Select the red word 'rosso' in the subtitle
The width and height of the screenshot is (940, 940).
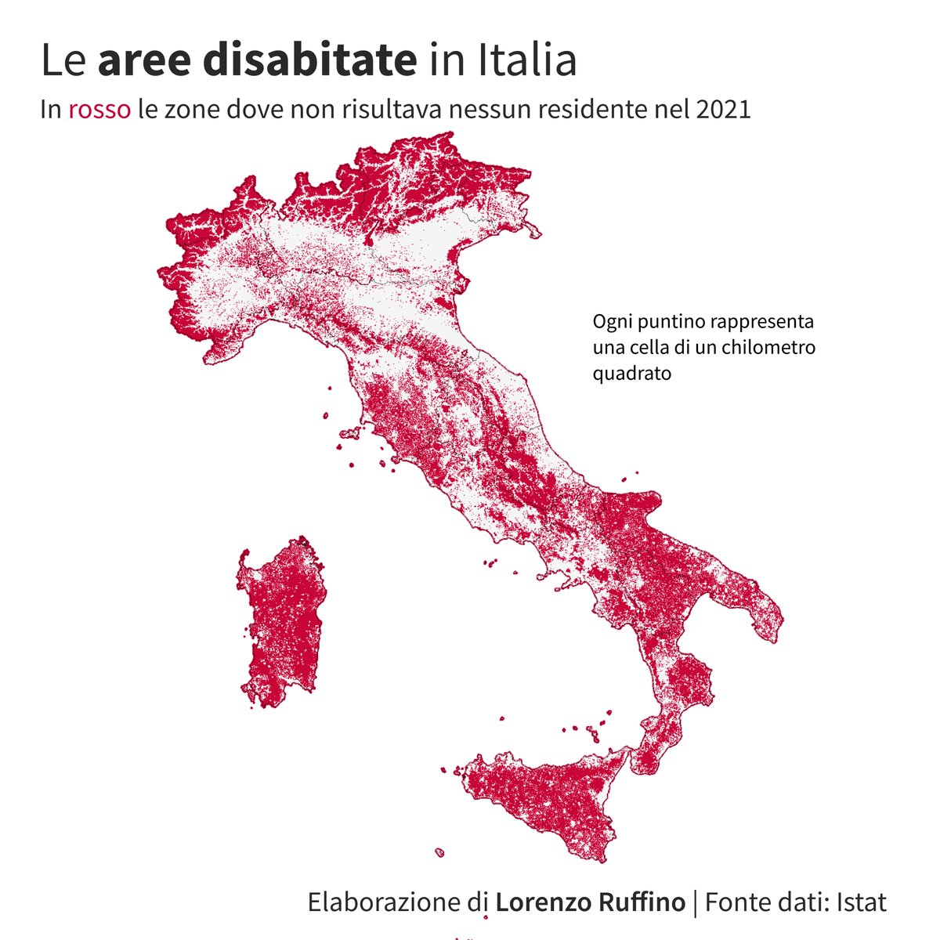(x=99, y=110)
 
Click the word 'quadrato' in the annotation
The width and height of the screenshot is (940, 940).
(x=632, y=373)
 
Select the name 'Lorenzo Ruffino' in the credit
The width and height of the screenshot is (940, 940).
(x=590, y=902)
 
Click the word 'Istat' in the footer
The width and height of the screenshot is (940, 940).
(x=861, y=902)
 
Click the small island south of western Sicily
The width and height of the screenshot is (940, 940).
(x=440, y=851)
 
